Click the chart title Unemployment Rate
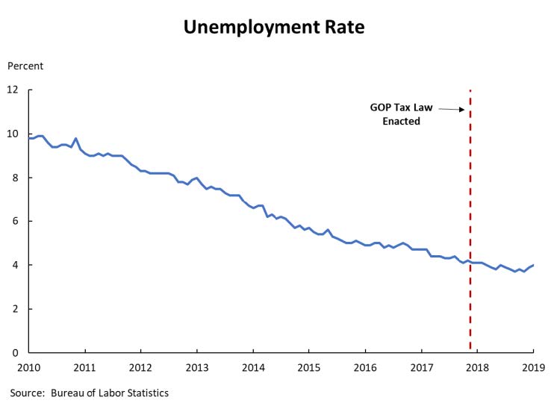[x=275, y=28]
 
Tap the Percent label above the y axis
[x=25, y=66]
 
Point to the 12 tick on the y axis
[x=13, y=90]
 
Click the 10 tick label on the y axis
[x=13, y=134]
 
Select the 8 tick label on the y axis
[x=15, y=178]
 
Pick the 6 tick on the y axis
[x=15, y=222]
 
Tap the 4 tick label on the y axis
[x=15, y=265]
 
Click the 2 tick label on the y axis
[x=15, y=309]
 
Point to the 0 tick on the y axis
[x=15, y=352]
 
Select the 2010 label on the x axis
[x=29, y=367]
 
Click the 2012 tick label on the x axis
[x=141, y=367]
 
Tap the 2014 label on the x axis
[x=253, y=367]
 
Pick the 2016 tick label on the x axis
[x=365, y=367]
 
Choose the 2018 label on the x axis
[x=477, y=367]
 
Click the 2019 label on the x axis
[x=533, y=367]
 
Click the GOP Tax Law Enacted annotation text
[x=401, y=113]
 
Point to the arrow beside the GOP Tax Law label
[x=451, y=109]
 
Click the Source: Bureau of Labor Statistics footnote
[x=89, y=393]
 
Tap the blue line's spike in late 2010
[x=76, y=139]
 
